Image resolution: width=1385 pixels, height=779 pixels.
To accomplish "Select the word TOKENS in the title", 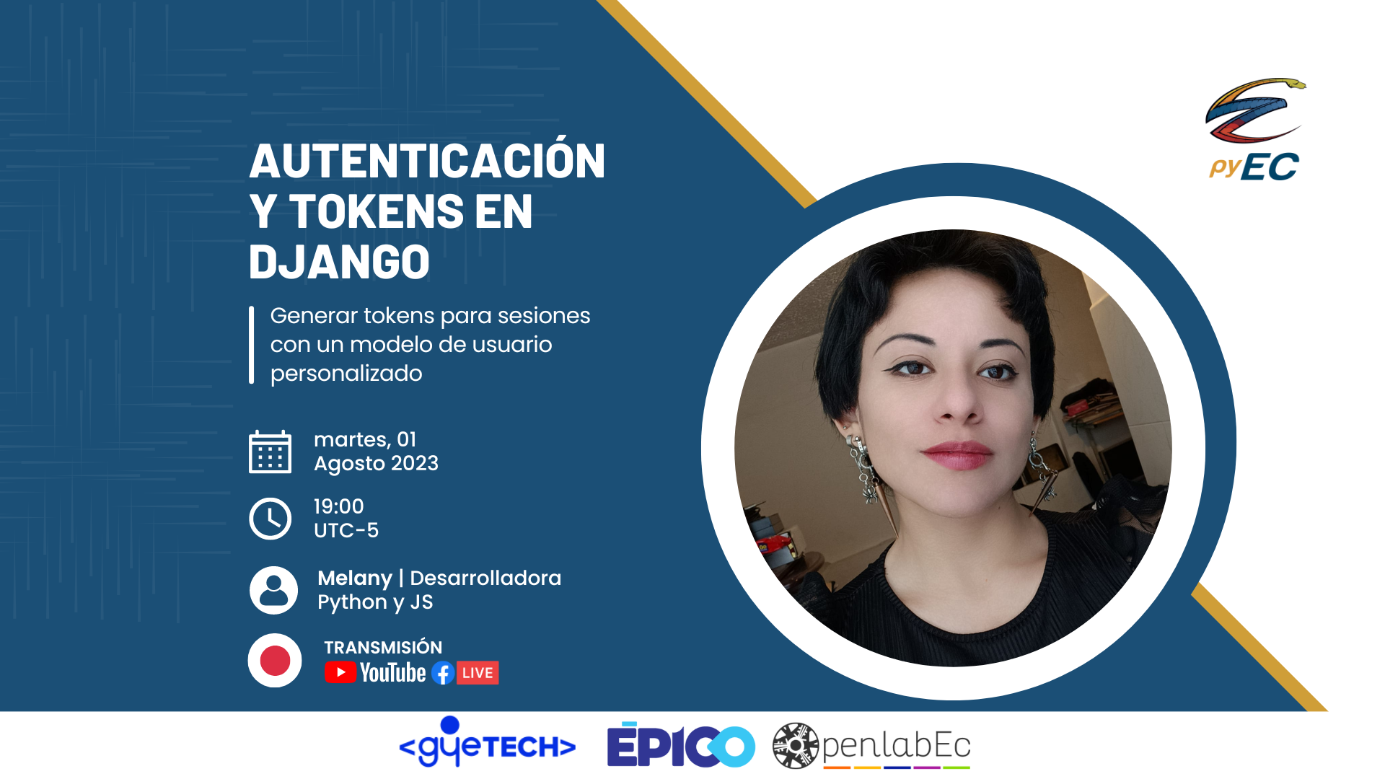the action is (x=377, y=211).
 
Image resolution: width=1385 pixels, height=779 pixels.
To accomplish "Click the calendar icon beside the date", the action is (x=270, y=452).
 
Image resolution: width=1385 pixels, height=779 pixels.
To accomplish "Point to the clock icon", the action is (x=270, y=519).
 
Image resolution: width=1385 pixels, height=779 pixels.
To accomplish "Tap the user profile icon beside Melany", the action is (x=273, y=590).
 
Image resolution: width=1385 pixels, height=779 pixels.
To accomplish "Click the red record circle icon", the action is (x=275, y=660).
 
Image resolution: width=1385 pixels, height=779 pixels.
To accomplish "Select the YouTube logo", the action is (x=375, y=672).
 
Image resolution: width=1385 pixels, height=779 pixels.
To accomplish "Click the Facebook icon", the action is (x=443, y=673).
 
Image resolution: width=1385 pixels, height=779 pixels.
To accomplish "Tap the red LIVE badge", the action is (x=478, y=673).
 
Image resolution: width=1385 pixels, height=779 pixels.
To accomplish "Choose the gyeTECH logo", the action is (x=488, y=742).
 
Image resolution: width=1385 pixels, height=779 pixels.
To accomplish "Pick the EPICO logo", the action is (x=681, y=744).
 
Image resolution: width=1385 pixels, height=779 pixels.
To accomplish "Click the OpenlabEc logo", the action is (x=871, y=746).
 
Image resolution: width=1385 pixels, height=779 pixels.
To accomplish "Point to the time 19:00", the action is (x=339, y=506).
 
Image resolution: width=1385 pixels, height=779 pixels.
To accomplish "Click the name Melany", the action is (x=355, y=578).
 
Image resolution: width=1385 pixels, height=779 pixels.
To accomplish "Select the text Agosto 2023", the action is (x=376, y=464).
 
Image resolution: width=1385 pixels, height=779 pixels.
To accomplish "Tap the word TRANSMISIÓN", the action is (x=383, y=647).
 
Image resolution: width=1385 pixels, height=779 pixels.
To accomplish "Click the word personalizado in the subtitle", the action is (x=346, y=374).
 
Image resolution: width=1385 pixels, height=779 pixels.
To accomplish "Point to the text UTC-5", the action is (x=346, y=530).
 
